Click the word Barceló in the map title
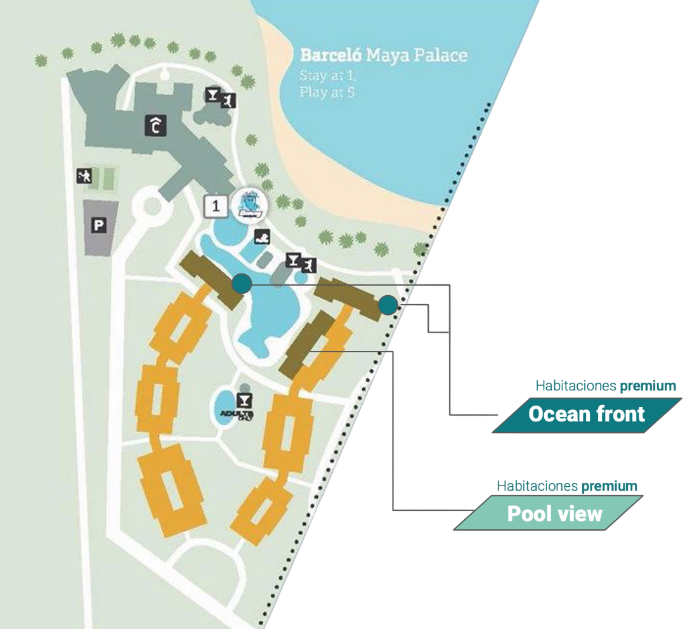[x=330, y=55]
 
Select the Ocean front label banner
[x=587, y=415]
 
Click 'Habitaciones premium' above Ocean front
[x=610, y=385]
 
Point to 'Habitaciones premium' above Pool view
[x=566, y=486]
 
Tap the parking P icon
[x=98, y=224]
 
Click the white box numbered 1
[x=216, y=206]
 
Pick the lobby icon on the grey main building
[x=155, y=126]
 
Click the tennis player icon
[x=83, y=176]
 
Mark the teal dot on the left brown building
[x=241, y=284]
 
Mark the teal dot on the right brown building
[x=388, y=306]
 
